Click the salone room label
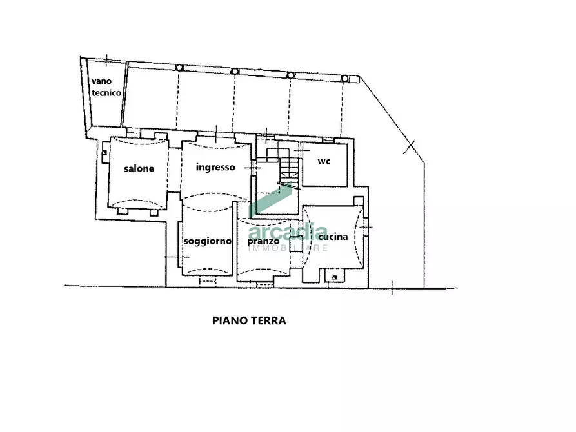(139, 169)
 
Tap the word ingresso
(215, 167)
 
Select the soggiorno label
(207, 241)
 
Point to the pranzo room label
(263, 241)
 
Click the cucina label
(333, 237)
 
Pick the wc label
(324, 161)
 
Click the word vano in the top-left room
(102, 81)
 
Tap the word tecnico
(106, 92)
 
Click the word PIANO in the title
(229, 320)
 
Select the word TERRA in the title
(266, 320)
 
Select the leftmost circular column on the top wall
(179, 68)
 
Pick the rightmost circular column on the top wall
(344, 78)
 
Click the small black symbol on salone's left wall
(104, 152)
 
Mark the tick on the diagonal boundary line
(407, 147)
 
